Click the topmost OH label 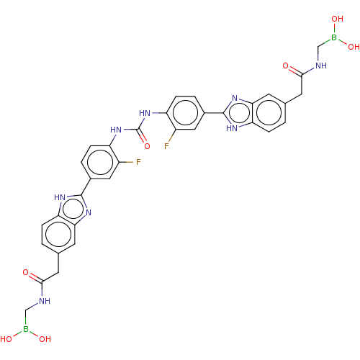tap(337, 19)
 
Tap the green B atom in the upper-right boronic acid tap(334, 37)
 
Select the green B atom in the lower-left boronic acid tap(26, 329)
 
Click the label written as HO tap(6, 339)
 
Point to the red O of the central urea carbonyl tap(147, 146)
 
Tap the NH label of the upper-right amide tap(321, 66)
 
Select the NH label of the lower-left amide tap(45, 301)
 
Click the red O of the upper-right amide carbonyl tap(285, 66)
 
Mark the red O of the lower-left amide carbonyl tap(26, 272)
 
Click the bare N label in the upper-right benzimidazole tap(235, 98)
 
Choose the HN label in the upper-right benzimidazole tap(232, 128)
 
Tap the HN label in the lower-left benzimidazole tap(60, 197)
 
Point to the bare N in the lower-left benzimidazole tap(89, 212)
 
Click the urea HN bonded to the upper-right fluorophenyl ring tap(145, 113)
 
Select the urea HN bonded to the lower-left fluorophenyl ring tap(116, 130)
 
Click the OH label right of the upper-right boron tap(354, 47)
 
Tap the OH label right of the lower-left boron tap(45, 339)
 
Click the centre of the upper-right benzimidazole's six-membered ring tap(269, 113)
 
